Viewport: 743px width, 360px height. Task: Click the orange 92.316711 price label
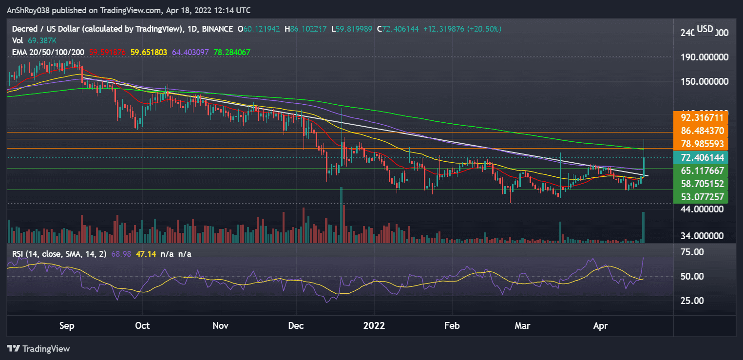click(x=701, y=118)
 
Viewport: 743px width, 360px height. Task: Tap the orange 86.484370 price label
click(x=701, y=131)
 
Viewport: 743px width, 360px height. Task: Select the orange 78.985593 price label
click(x=701, y=144)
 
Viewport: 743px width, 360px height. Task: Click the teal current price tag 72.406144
click(x=701, y=157)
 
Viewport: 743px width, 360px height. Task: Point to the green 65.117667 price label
click(x=701, y=171)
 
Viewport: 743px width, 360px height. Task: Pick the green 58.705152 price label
click(x=701, y=184)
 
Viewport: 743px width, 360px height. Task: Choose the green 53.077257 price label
click(x=701, y=197)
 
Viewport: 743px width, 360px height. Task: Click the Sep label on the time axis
click(x=67, y=325)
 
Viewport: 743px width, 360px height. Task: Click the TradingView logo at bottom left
click(x=38, y=349)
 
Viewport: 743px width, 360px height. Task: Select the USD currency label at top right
click(x=704, y=29)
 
